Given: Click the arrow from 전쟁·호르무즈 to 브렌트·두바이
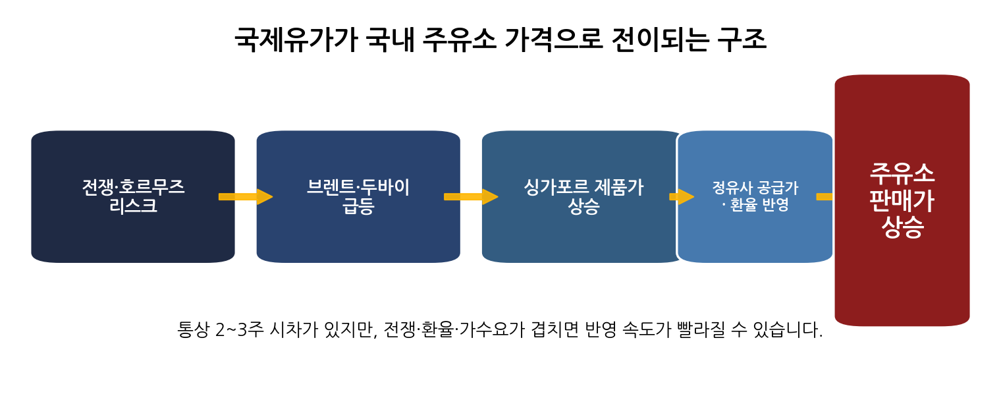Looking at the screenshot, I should [246, 196].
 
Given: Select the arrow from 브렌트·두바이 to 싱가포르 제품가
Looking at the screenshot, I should [471, 196].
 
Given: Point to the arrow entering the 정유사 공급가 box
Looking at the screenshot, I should [682, 196].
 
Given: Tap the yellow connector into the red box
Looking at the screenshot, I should [825, 196].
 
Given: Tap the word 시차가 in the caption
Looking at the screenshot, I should [291, 329].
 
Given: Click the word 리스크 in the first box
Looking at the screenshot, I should [133, 206].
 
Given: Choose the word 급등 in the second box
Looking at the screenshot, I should [358, 206].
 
